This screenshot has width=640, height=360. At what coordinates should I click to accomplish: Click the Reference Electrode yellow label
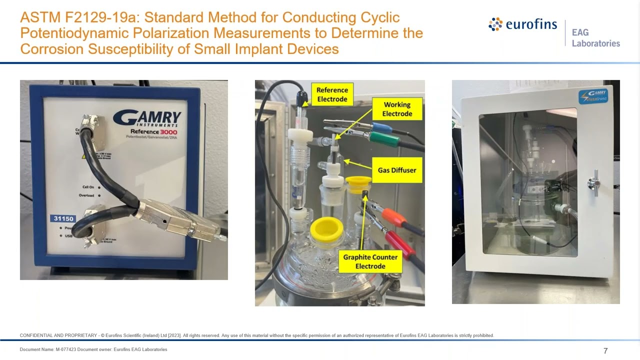tap(332, 94)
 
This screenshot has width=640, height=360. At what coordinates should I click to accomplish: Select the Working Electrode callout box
tap(397, 109)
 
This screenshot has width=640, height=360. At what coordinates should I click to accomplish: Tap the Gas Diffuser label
tap(396, 170)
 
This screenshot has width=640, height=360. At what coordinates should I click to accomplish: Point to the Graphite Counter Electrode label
tap(370, 261)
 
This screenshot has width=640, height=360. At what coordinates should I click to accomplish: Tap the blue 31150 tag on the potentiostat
tap(63, 218)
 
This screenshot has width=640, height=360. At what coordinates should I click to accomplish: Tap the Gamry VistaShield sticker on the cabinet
tap(593, 96)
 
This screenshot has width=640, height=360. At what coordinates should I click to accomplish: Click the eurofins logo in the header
tap(523, 24)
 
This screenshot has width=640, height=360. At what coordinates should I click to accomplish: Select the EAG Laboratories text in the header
tap(595, 38)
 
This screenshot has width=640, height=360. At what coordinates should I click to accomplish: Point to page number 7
tap(605, 350)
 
